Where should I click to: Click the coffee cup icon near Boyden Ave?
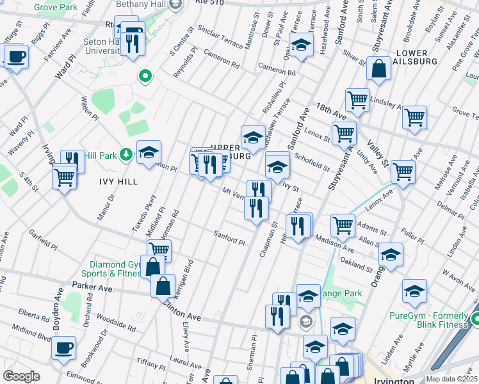(63, 348)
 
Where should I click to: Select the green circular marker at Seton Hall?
(145, 77)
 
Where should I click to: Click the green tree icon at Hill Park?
(126, 154)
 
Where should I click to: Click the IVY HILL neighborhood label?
(118, 182)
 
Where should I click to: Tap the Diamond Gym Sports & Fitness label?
(115, 269)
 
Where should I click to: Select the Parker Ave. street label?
(92, 287)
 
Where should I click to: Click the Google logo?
(21, 376)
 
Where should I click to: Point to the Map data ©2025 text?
(451, 379)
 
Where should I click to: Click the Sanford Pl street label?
(229, 238)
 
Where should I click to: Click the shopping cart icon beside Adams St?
(343, 225)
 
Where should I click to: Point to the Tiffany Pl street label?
(151, 363)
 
